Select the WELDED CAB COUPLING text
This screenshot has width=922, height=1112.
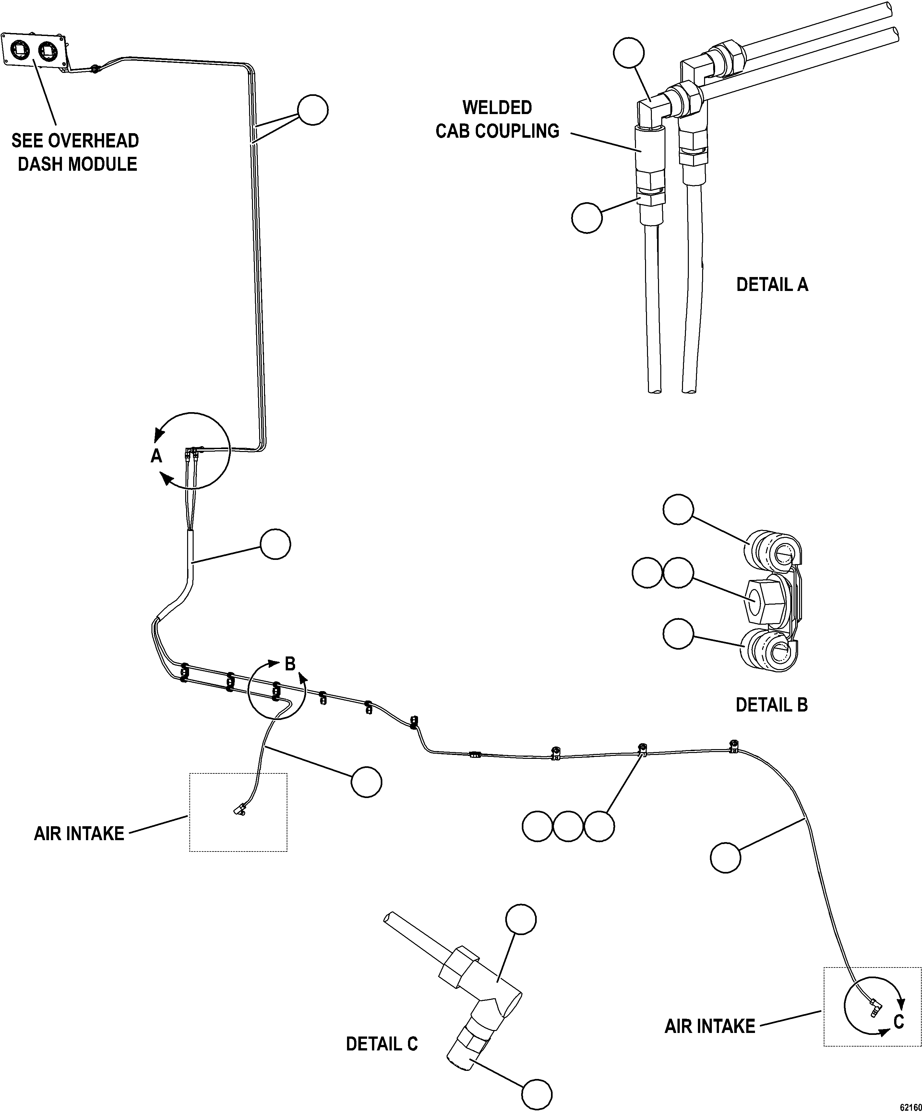pos(497,119)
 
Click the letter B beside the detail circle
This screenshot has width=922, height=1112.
pos(290,664)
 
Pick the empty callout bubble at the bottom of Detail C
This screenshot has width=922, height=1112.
pos(536,1094)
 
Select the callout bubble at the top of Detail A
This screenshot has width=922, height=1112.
pos(629,52)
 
